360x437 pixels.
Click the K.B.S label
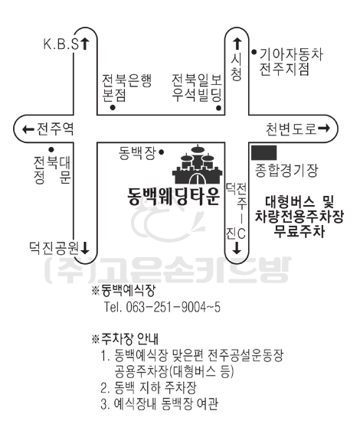[x=61, y=44]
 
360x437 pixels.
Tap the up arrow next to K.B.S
[x=85, y=44]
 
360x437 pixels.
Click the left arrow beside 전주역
[x=28, y=129]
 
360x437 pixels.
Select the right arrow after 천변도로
[x=324, y=129]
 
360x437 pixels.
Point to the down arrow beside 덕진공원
[x=84, y=248]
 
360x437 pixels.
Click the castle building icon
[x=198, y=165]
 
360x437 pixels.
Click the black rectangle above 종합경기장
[x=264, y=152]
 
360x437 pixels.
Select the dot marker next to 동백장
[x=161, y=152]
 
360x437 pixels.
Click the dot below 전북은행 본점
[x=113, y=108]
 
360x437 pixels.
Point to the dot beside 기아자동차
[x=254, y=52]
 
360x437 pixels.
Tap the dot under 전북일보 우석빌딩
[x=218, y=108]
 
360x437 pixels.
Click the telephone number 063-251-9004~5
[x=173, y=307]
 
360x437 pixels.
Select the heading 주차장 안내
[x=129, y=338]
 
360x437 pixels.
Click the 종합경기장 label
[x=286, y=171]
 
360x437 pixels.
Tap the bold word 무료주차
[x=299, y=231]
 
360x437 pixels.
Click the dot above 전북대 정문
[x=51, y=150]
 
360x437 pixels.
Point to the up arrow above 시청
[x=237, y=44]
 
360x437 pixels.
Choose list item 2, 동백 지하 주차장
[x=149, y=387]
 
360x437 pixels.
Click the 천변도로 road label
[x=291, y=129]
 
